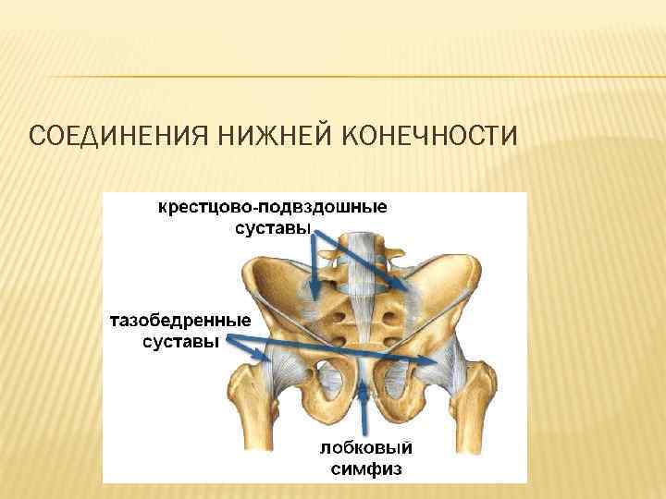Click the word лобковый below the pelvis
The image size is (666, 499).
366,448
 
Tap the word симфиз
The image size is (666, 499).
366,469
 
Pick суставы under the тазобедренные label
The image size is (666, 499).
180,343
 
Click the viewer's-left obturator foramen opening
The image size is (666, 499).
326,380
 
